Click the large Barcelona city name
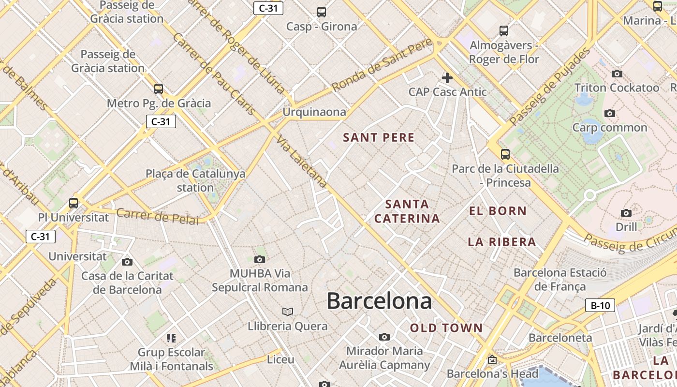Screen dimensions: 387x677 pos(379,301)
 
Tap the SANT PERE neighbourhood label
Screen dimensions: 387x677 pos(379,138)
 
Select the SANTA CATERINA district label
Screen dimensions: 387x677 pos(407,211)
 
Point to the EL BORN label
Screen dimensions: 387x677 pos(498,211)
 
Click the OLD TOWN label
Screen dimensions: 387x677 pos(446,328)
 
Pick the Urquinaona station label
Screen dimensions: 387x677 pos(314,112)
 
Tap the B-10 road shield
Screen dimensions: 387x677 pos(600,306)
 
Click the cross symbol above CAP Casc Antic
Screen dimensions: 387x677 pos(447,77)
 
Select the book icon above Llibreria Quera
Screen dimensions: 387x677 pos(288,312)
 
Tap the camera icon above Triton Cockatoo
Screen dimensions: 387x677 pos(617,74)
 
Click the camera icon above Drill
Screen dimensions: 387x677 pos(626,213)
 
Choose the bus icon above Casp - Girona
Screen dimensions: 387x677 pos(322,12)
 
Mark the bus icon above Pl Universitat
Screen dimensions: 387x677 pos(74,203)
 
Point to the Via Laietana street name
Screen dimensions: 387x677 pos(302,162)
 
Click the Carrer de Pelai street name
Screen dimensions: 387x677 pos(158,216)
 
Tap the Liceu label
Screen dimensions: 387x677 pos(280,359)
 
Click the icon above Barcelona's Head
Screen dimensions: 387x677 pos(492,360)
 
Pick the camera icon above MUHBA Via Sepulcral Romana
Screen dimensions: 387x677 pos(260,260)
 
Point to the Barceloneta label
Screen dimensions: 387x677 pos(560,338)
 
